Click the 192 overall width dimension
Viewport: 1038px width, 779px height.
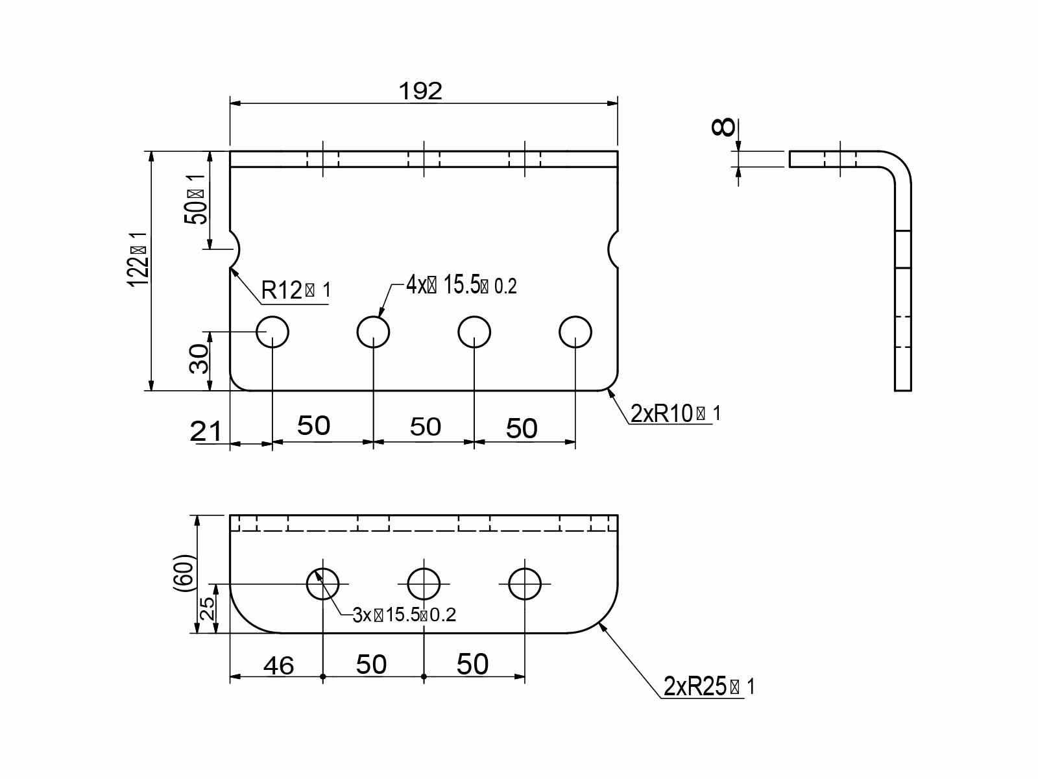[x=420, y=92]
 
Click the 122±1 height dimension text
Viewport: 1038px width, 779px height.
[x=139, y=258]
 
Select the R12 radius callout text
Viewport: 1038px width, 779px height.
[x=295, y=290]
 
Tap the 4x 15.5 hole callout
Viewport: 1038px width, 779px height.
[x=461, y=285]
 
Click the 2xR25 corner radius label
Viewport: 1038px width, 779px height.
[x=709, y=686]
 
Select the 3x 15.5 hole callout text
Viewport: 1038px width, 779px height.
[x=404, y=615]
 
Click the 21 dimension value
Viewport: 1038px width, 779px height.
[x=206, y=431]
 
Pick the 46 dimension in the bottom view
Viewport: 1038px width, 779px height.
[x=278, y=665]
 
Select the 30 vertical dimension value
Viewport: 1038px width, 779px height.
[x=199, y=359]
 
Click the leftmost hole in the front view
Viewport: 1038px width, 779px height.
[x=272, y=332]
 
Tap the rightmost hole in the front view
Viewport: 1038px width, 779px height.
[x=575, y=332]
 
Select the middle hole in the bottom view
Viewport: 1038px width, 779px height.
[x=424, y=584]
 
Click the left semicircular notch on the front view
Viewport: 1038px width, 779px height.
[x=235, y=249]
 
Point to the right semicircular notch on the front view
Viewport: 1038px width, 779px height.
[x=613, y=249]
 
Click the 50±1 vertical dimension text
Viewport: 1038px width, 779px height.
[x=196, y=199]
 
